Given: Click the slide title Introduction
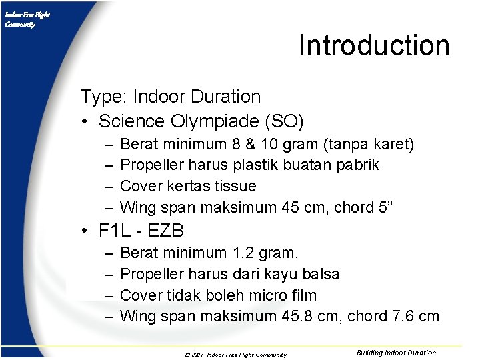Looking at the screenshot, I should click(x=374, y=45).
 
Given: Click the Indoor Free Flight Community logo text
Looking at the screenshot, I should click(x=27, y=19).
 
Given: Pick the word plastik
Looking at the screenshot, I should click(x=273, y=165).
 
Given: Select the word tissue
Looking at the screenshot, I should click(x=233, y=186).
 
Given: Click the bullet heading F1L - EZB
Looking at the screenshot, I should click(x=141, y=231).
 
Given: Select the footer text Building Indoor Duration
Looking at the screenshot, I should click(x=396, y=353).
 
